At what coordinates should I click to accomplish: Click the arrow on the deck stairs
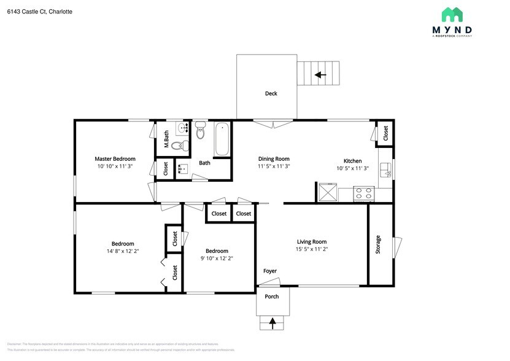[x=320, y=75]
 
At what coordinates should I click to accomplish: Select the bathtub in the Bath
[x=222, y=139]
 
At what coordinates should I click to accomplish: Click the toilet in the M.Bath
[x=177, y=146]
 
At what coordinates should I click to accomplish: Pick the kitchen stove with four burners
[x=365, y=193]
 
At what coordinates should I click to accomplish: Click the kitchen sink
[x=384, y=170]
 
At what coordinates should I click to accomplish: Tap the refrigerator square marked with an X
[x=326, y=193]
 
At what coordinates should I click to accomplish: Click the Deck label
[x=271, y=93]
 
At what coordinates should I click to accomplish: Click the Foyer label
[x=269, y=271]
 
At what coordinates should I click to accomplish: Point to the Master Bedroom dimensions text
[x=115, y=166]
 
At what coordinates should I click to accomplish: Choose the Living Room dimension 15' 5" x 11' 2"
[x=311, y=249]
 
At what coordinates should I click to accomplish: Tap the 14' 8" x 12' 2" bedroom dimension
[x=122, y=251]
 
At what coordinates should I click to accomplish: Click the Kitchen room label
[x=352, y=161]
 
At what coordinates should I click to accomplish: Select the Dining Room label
[x=273, y=158]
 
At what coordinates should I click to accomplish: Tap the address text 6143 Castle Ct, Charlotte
[x=40, y=11]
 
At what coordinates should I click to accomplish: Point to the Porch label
[x=272, y=297]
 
